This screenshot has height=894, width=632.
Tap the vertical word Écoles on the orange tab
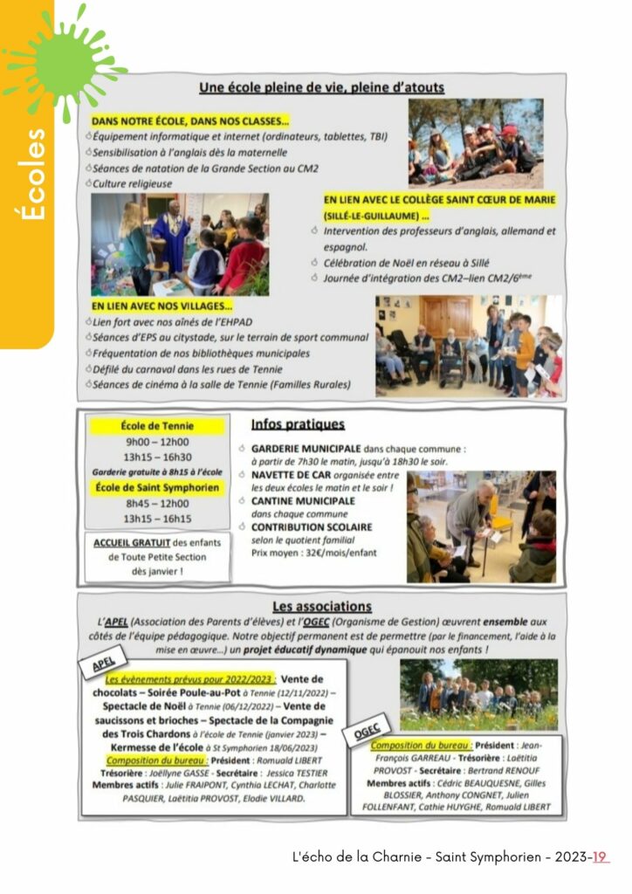35,174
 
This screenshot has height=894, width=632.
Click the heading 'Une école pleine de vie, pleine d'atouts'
321,87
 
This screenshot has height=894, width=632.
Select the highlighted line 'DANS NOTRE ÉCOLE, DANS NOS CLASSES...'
189,121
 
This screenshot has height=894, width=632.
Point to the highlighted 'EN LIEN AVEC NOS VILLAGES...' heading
161,306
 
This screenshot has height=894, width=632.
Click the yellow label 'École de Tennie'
158,426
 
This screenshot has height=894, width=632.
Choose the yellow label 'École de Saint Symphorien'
158,488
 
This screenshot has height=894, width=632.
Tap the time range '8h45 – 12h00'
157,504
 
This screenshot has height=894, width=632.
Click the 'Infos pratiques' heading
298,424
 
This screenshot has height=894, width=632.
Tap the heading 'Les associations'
321,606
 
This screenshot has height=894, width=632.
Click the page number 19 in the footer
600,857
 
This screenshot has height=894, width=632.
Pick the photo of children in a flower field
478,694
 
